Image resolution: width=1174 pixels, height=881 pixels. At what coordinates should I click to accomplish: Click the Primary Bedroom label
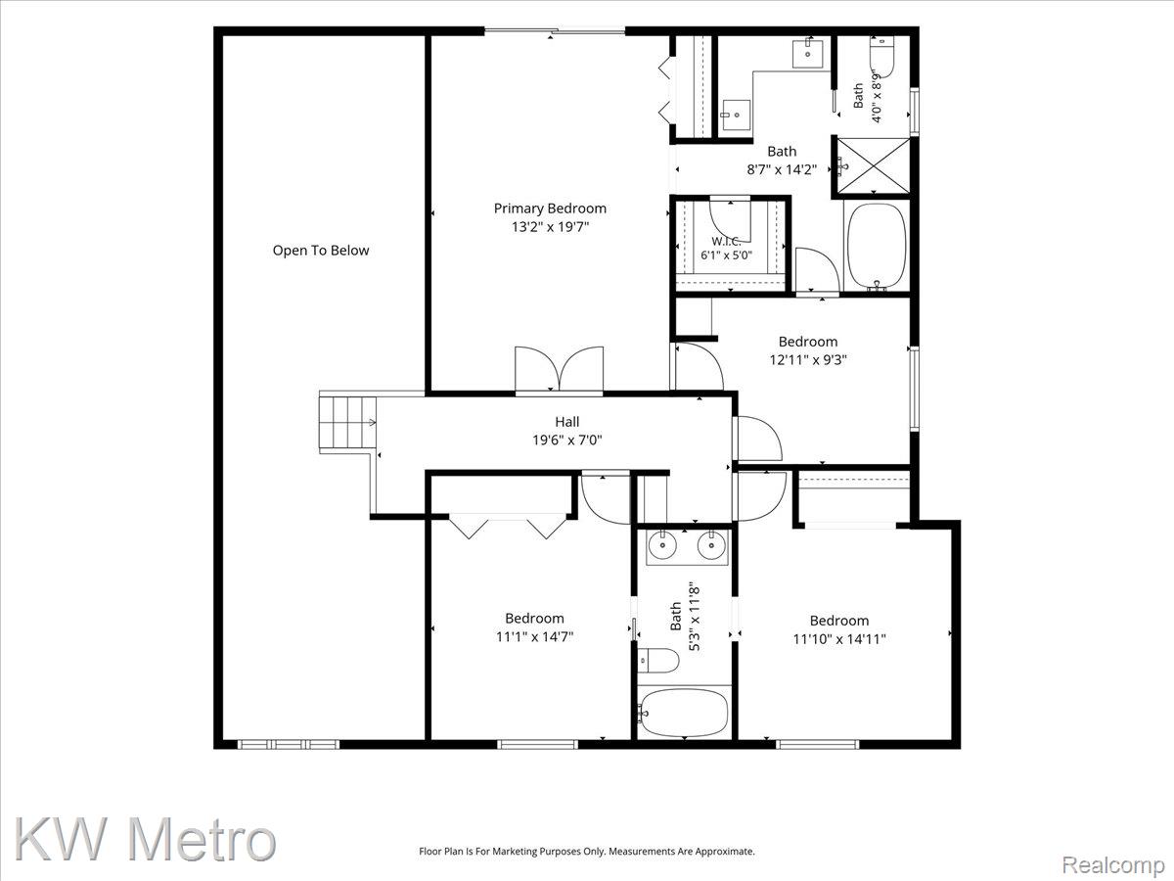pos(550,209)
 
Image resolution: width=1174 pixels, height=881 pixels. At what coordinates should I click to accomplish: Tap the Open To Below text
pos(321,251)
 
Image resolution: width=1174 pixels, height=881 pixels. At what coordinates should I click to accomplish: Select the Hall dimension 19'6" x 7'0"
pos(566,440)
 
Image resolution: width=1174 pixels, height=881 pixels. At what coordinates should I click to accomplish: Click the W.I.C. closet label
pos(726,242)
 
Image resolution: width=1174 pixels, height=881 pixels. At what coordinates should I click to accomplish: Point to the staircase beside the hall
pos(347,423)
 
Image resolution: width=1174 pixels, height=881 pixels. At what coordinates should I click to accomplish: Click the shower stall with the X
pos(873,165)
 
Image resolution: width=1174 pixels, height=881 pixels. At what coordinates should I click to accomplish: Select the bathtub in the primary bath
pos(878,246)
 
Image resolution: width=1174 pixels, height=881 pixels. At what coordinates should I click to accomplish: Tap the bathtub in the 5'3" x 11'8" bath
pos(685,713)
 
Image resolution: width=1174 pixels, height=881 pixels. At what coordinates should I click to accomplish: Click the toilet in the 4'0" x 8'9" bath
pos(882,56)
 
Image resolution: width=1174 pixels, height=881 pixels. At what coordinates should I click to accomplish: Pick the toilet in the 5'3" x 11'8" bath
pos(658,661)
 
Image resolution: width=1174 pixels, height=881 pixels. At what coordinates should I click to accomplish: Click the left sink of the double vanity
pos(662,545)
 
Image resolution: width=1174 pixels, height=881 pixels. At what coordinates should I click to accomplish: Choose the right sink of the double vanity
pos(711,545)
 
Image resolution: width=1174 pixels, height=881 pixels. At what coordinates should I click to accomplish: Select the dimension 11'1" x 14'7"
pos(534,636)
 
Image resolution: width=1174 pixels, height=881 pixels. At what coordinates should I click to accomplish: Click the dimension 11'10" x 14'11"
pos(839,638)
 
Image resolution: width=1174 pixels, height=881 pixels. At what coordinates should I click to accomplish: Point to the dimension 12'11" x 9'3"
pos(808,359)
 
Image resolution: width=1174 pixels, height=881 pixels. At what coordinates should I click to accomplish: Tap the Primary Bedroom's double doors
pos(560,369)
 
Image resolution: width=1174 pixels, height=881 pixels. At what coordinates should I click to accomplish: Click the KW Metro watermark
pos(146,839)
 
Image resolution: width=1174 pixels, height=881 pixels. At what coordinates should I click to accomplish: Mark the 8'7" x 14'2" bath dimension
pos(782,169)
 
